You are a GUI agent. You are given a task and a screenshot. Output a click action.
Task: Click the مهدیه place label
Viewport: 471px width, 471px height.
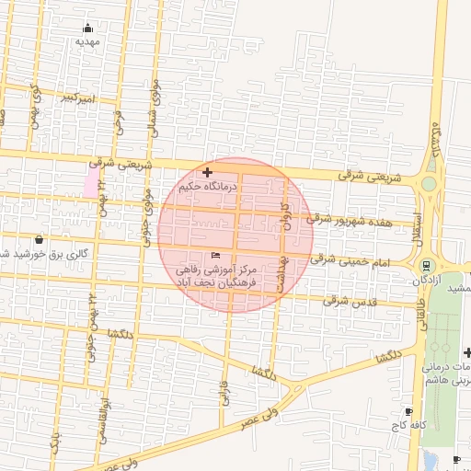click(87, 42)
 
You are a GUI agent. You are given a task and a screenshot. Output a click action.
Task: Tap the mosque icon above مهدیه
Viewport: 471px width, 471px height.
click(87, 28)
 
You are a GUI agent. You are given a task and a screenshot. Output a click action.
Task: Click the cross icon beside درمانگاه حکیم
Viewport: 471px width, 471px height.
click(207, 172)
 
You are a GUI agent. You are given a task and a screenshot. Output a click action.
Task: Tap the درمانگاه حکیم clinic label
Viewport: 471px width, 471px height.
click(208, 186)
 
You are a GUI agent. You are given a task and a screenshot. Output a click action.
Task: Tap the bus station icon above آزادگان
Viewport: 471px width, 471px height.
click(426, 265)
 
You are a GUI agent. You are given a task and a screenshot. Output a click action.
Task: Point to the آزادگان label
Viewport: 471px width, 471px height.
click(428, 278)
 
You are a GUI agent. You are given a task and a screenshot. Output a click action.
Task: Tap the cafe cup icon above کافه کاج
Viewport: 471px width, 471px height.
click(408, 411)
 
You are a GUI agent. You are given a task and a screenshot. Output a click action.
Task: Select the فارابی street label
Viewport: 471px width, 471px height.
click(224, 391)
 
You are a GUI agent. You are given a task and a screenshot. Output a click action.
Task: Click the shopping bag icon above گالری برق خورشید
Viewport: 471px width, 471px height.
click(38, 239)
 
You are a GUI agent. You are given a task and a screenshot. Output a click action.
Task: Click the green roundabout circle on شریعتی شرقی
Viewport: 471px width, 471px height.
click(429, 184)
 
